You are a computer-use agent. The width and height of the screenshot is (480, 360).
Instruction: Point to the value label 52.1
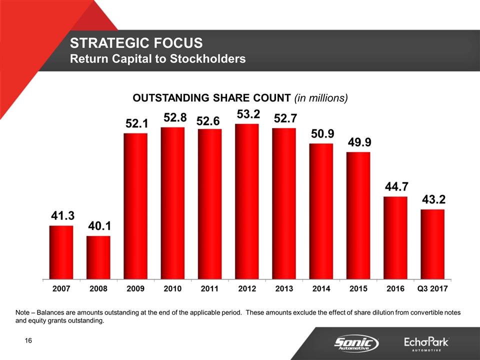tap(135, 123)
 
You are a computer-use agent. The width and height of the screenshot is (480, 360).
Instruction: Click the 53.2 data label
tap(247, 114)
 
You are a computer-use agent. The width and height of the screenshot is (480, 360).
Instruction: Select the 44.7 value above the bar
tap(395, 187)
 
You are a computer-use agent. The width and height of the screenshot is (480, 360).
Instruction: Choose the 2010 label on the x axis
tap(172, 289)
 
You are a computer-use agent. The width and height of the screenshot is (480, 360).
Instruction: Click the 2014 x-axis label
tap(321, 289)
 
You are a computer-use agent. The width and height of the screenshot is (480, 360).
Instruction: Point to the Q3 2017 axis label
tap(432, 289)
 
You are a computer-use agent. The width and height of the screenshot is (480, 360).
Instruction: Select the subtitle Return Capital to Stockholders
tap(157, 59)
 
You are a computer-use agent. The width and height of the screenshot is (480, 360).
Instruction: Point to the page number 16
tap(28, 341)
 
